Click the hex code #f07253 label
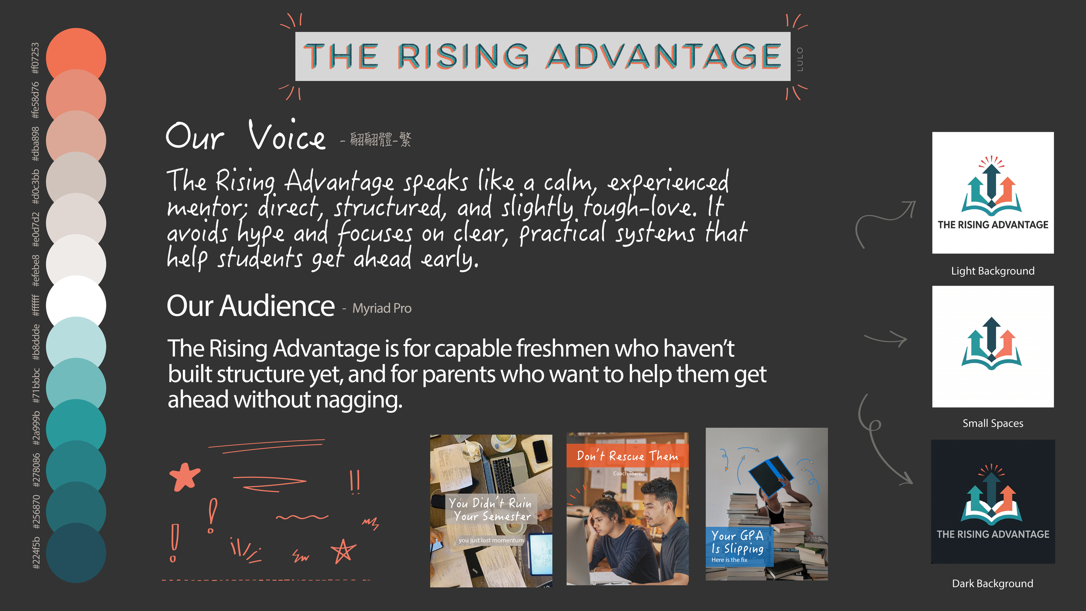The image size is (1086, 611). (35, 58)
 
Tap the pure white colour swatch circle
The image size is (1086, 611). (76, 305)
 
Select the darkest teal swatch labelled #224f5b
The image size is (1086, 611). (76, 553)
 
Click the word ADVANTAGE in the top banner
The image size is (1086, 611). (663, 56)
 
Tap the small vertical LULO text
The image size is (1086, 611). (800, 59)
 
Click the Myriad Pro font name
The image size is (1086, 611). (381, 309)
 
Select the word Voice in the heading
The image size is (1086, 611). (287, 136)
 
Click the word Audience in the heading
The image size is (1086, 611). (277, 306)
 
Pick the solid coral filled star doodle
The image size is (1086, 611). (185, 477)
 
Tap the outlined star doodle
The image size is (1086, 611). (343, 551)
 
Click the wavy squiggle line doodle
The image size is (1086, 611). (302, 517)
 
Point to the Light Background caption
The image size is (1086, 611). (993, 271)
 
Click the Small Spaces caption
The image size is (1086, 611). (993, 423)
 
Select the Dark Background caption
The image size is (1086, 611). (993, 584)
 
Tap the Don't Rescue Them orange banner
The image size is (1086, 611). (627, 456)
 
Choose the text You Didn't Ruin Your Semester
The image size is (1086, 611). (490, 510)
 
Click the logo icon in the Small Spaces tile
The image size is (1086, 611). (991, 343)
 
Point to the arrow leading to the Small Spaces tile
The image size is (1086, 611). (886, 339)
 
